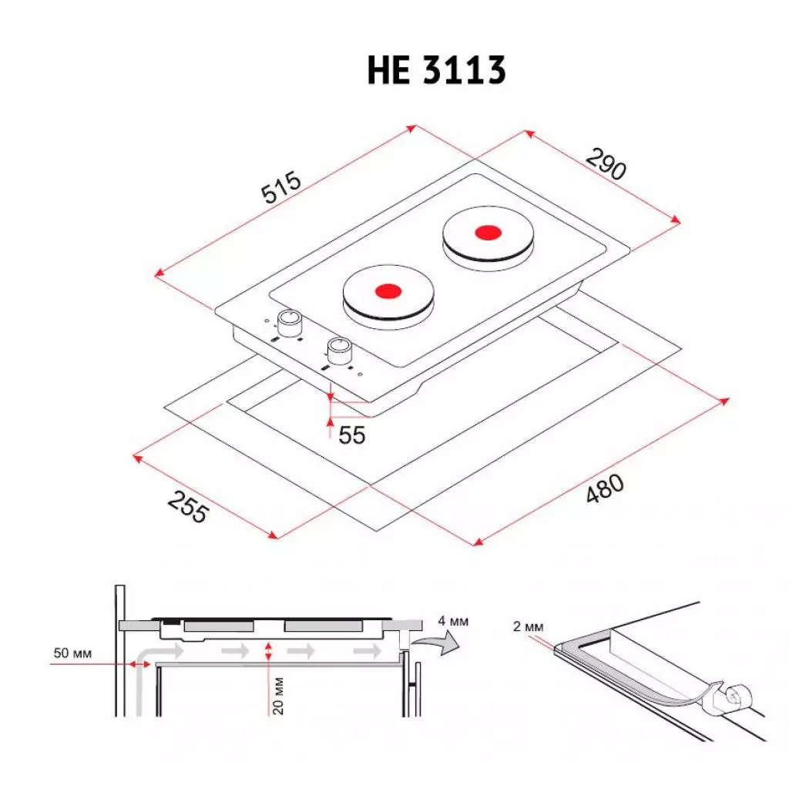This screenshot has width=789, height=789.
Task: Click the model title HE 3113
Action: pyautogui.click(x=436, y=72)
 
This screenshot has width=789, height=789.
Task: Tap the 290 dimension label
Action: pyautogui.click(x=606, y=163)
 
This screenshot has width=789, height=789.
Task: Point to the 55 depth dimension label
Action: pyautogui.click(x=352, y=435)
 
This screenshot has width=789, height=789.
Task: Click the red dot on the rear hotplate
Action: pyautogui.click(x=486, y=231)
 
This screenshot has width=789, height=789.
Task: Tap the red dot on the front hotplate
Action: pyautogui.click(x=388, y=291)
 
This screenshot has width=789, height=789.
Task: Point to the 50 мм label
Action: pyautogui.click(x=72, y=653)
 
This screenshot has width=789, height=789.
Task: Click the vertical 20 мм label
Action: pyautogui.click(x=279, y=695)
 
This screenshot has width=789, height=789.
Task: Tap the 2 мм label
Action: pyautogui.click(x=528, y=626)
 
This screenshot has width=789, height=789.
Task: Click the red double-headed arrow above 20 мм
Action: pyautogui.click(x=267, y=651)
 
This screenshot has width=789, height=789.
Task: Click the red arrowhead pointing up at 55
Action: pyautogui.click(x=330, y=419)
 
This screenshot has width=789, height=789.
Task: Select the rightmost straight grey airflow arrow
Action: pyautogui.click(x=366, y=652)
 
